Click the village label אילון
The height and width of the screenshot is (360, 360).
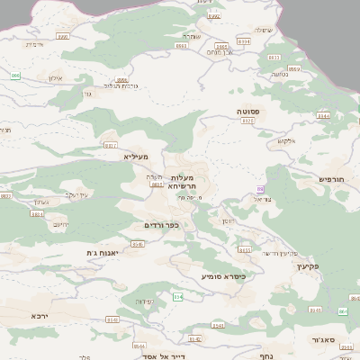(52, 79)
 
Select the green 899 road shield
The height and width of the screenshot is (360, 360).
(15, 76)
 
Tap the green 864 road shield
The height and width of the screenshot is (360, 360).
(178, 297)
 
